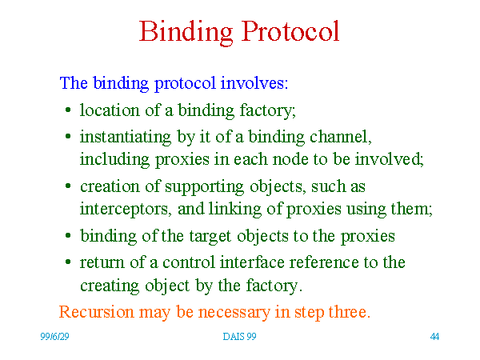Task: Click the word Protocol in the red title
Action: click(x=290, y=31)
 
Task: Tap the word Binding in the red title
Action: click(x=186, y=33)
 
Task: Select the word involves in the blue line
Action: click(x=254, y=82)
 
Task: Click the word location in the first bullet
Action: click(x=110, y=110)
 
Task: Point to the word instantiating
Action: click(x=126, y=137)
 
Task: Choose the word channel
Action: click(x=341, y=137)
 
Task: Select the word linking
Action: click(x=235, y=210)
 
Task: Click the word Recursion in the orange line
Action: click(x=97, y=312)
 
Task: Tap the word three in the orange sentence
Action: click(x=350, y=312)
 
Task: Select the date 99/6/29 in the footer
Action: click(x=54, y=337)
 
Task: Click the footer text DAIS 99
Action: click(x=239, y=337)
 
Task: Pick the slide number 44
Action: click(x=434, y=337)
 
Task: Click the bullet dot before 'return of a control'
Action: click(x=68, y=262)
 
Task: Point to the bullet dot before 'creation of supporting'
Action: click(x=68, y=186)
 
